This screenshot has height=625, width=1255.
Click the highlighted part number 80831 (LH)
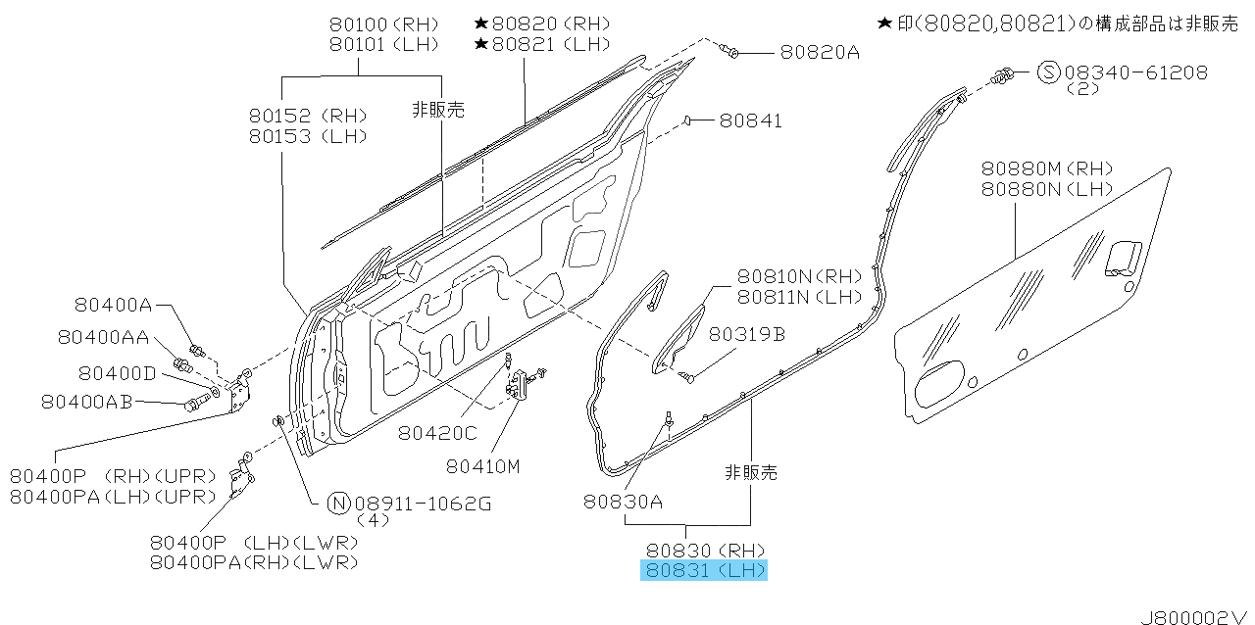(x=705, y=570)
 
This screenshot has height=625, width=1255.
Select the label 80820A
(x=820, y=52)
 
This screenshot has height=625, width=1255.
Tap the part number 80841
(x=750, y=120)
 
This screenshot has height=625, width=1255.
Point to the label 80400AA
(x=104, y=337)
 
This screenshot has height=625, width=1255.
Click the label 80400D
(x=117, y=373)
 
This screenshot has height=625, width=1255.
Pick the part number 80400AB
(x=87, y=402)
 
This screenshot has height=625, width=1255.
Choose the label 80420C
(x=437, y=433)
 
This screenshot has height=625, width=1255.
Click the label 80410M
(x=483, y=466)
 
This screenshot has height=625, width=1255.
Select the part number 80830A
(x=623, y=502)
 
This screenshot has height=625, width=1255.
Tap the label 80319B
(x=747, y=334)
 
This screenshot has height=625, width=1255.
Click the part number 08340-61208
(x=1136, y=72)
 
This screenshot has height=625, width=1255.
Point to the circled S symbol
(x=1049, y=72)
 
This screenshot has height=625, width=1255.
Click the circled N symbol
(x=338, y=504)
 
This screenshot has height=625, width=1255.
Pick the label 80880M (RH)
(x=1046, y=168)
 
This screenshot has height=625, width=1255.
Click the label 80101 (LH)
(x=383, y=44)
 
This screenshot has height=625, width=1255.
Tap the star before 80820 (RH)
(x=481, y=24)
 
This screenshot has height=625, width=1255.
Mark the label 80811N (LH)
(x=799, y=297)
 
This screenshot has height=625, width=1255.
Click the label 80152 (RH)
(x=308, y=116)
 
